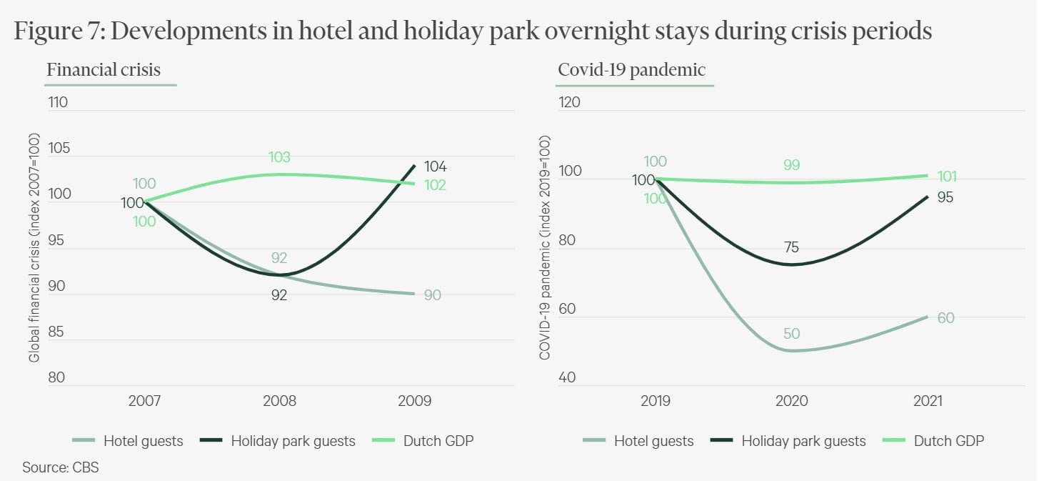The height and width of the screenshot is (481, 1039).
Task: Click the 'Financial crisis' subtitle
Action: pos(104,70)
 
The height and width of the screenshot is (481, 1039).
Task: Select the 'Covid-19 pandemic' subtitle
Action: pos(631,70)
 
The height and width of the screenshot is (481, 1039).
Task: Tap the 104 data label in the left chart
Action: pos(435,167)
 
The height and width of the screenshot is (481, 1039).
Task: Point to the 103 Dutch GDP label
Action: pos(279,157)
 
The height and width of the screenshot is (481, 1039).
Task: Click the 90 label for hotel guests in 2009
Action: pos(432,294)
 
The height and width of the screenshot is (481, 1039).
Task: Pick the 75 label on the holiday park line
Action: pos(790,248)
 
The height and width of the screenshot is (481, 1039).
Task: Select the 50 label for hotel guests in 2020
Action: pos(791,334)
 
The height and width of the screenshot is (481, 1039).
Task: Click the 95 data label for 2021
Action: pos(945,197)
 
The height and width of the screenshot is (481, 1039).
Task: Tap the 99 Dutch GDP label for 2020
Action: pos(791,165)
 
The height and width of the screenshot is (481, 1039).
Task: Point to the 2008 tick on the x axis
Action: pos(279,401)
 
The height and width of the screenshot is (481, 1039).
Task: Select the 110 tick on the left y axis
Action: pos(58,102)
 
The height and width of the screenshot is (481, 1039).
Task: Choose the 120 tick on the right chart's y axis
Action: pos(569,102)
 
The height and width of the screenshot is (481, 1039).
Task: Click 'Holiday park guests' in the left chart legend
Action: pos(293,441)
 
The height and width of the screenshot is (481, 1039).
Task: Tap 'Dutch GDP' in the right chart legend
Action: pos(949,441)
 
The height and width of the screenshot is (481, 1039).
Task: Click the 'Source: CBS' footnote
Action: pos(61,468)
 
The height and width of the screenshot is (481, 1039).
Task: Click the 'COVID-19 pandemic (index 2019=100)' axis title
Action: pos(545,247)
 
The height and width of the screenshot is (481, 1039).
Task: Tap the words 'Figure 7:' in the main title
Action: pos(61,31)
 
